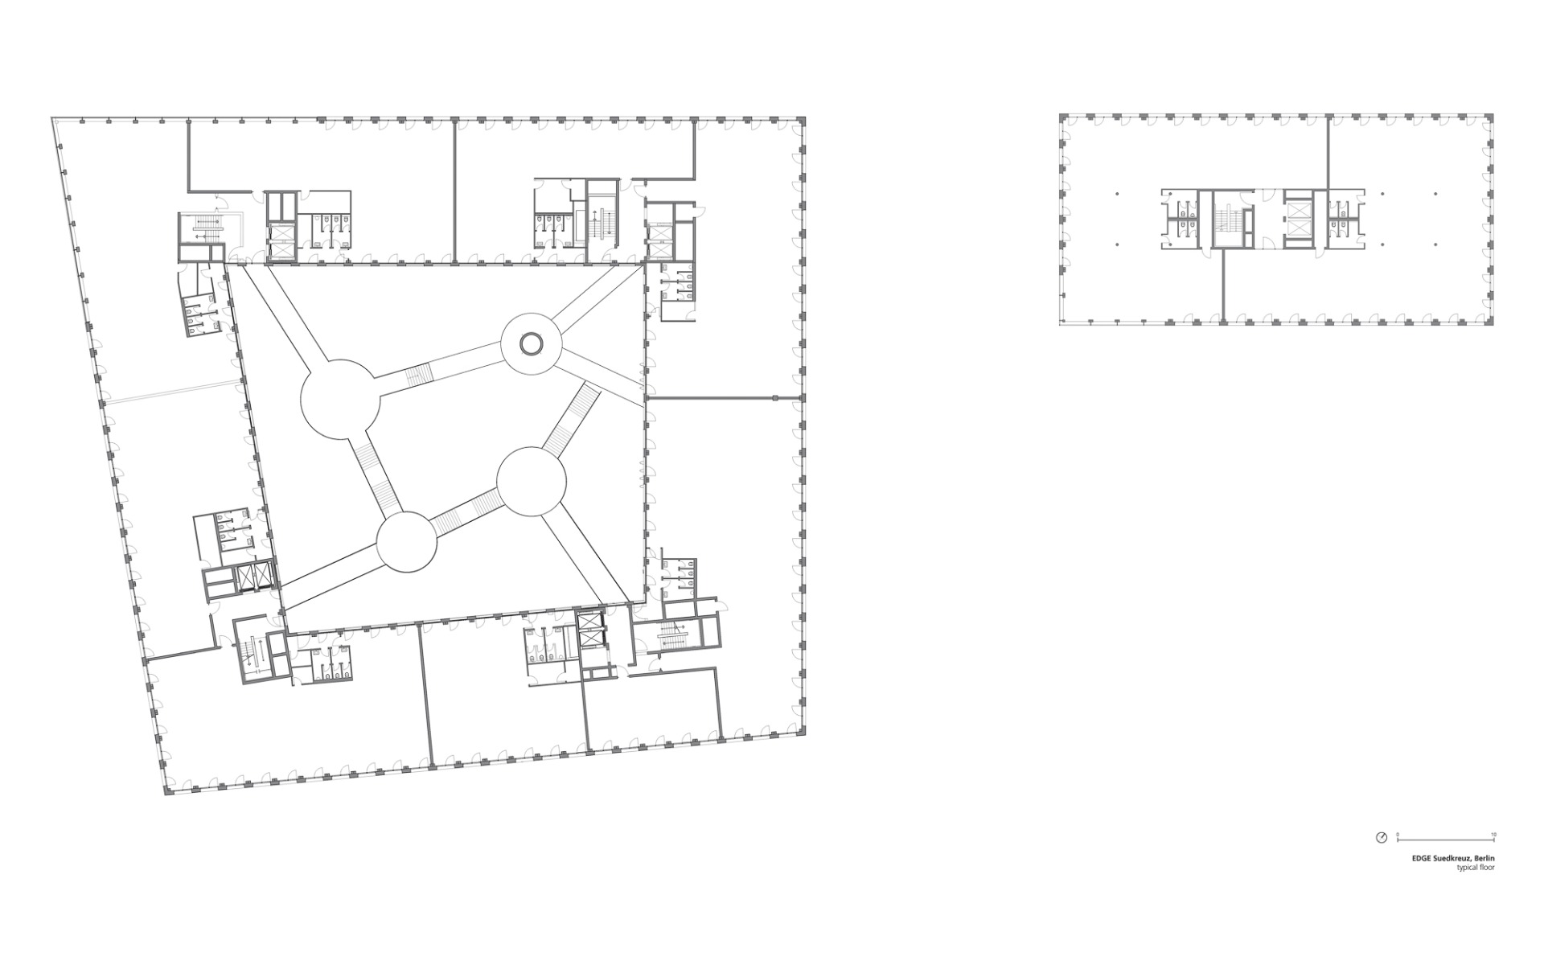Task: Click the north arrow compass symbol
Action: (1382, 837)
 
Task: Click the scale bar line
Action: (1445, 840)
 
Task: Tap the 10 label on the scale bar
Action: (1493, 834)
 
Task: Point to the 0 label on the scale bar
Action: (1398, 834)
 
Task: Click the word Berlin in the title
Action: (1484, 859)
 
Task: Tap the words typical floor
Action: (1476, 868)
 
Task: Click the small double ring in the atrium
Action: (531, 345)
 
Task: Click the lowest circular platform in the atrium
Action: (407, 542)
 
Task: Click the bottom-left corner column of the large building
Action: (168, 792)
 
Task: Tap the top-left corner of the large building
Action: (53, 119)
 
